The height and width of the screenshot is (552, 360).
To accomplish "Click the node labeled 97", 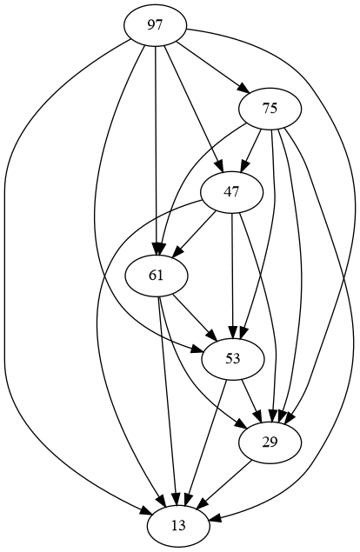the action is pos(155,25).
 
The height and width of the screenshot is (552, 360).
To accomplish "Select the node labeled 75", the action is pos(270,109).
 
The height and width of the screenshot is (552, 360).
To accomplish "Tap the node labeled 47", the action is pos(231,192).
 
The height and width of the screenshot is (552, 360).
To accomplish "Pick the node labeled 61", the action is pos(156,276).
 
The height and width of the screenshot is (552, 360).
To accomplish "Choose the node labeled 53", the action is pos(233,359).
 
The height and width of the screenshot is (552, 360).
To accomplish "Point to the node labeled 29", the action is pos(270,442).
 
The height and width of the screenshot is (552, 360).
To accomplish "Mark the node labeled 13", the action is pos(178,526).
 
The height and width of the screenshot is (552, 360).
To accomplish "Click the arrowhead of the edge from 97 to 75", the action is pos(245,89).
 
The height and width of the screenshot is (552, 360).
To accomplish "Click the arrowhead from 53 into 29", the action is pos(260,417).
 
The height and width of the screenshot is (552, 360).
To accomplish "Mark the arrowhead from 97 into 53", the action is pos(198,349).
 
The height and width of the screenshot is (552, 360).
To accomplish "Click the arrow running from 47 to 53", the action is pos(232,276).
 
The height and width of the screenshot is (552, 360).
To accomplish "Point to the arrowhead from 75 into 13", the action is pos(216,518).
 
